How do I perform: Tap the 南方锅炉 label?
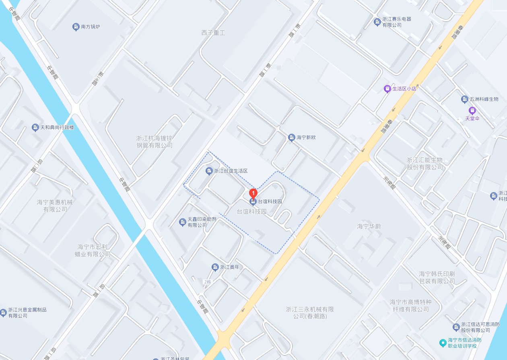point(90,27)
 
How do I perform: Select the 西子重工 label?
point(213,33)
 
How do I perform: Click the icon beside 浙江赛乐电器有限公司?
point(377,22)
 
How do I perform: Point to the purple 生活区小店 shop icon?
point(387,89)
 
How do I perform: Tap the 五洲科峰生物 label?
point(484,99)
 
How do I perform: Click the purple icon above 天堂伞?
point(472,110)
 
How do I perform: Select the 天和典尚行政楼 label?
point(57,128)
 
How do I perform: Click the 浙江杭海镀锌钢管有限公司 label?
point(154,142)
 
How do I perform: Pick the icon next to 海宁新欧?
point(292,138)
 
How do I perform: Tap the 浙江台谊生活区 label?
point(231,171)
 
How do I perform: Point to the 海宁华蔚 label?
point(369,226)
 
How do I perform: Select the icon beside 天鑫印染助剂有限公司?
point(183,222)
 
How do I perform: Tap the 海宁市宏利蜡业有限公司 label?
point(94,250)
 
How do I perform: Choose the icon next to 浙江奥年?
point(215,267)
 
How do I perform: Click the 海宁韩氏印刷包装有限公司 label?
point(437,277)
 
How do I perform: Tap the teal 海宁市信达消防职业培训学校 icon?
point(443,343)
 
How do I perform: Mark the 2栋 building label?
point(208,282)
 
